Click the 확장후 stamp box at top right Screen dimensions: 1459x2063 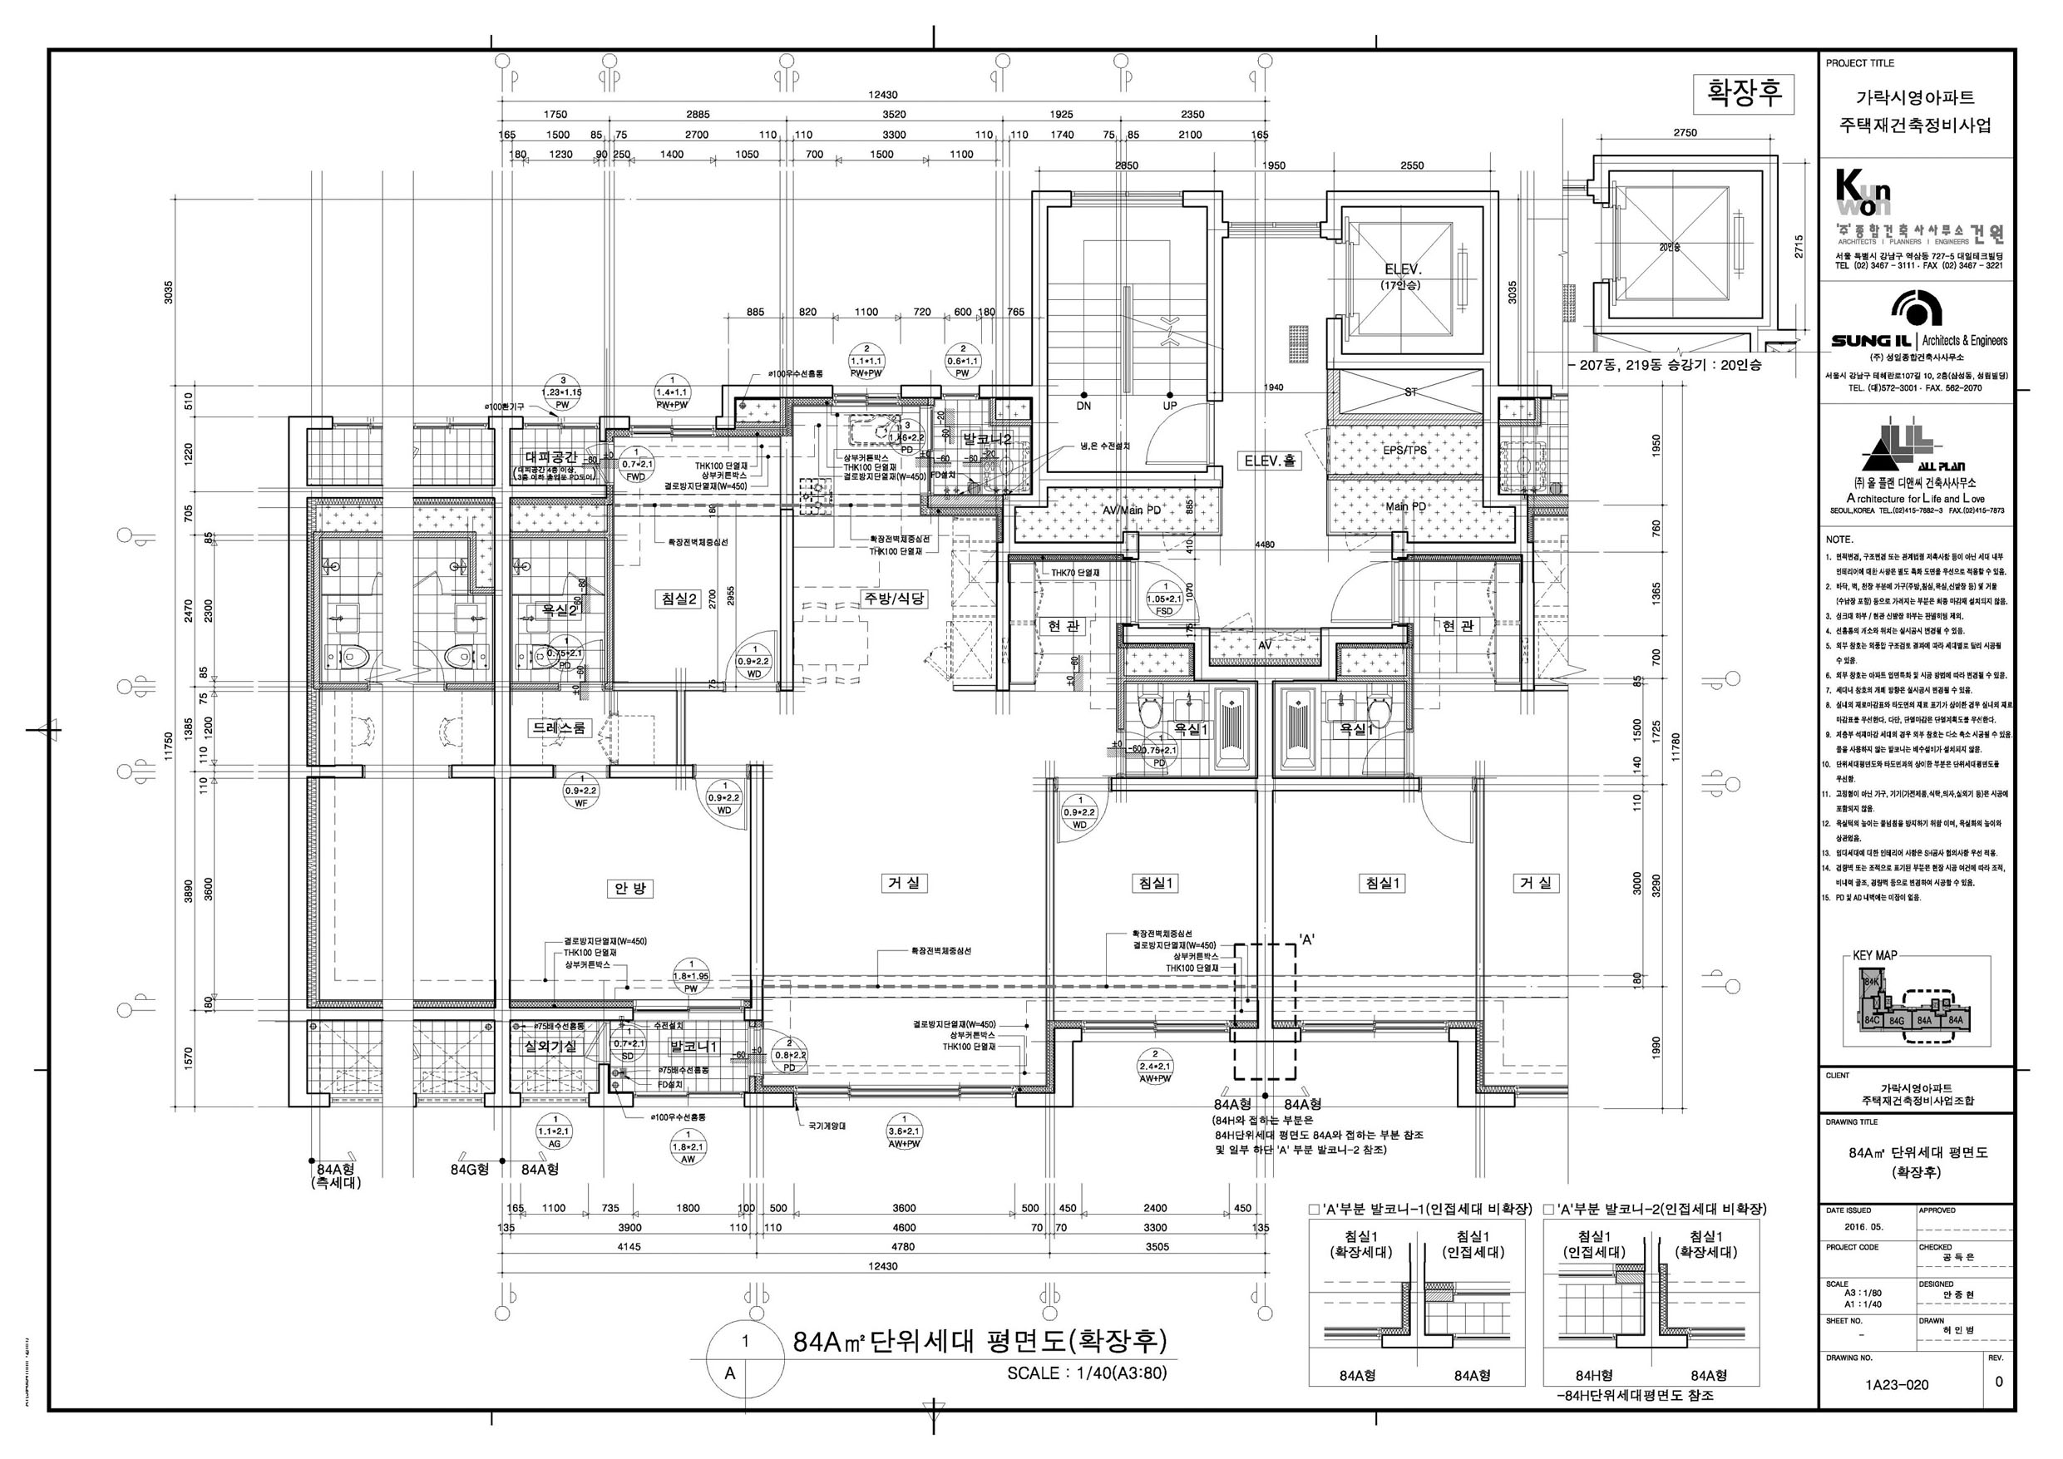pyautogui.click(x=1743, y=93)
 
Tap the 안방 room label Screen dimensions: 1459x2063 pyautogui.click(x=629, y=889)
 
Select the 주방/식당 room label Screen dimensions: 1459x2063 pyautogui.click(x=895, y=599)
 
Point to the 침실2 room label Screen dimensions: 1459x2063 pyautogui.click(x=679, y=599)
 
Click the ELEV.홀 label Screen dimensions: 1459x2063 pyautogui.click(x=1271, y=461)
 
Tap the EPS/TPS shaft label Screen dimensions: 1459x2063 pyautogui.click(x=1405, y=450)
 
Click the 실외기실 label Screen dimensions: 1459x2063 pyautogui.click(x=550, y=1046)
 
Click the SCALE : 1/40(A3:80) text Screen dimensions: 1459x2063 pyautogui.click(x=1086, y=1373)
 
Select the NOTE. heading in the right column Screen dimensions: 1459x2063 pyautogui.click(x=1839, y=540)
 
